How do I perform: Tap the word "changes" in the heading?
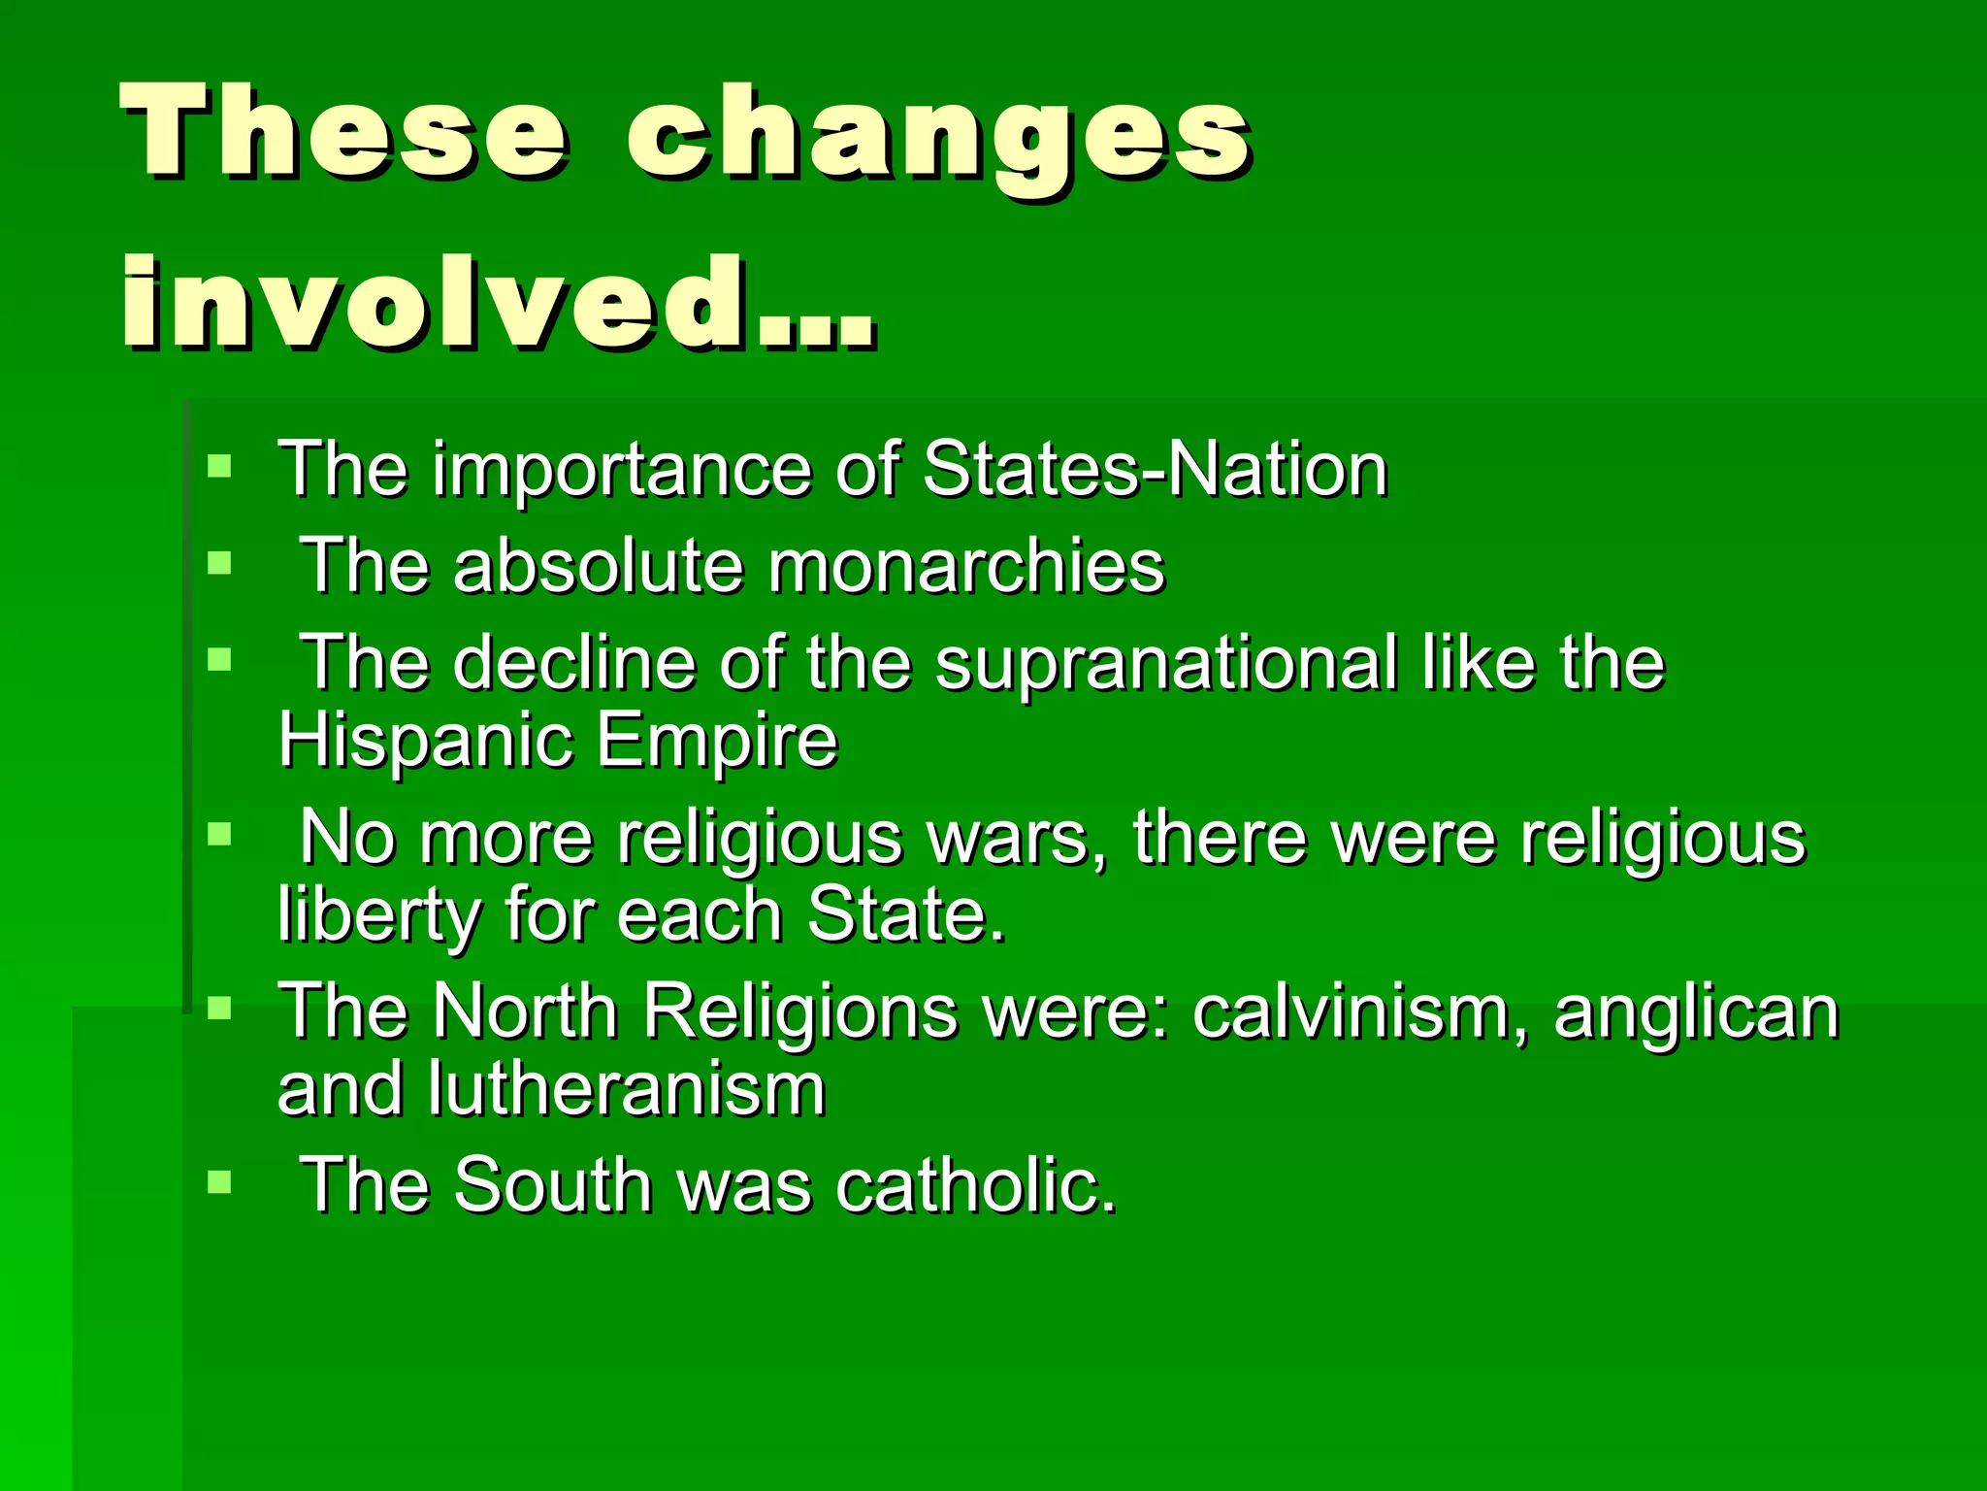[x=939, y=136]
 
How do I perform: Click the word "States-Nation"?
[x=1155, y=470]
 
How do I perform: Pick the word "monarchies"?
[x=966, y=566]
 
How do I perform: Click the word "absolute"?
[x=598, y=566]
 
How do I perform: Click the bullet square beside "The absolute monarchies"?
[x=220, y=563]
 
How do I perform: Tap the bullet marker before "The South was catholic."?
[x=220, y=1181]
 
